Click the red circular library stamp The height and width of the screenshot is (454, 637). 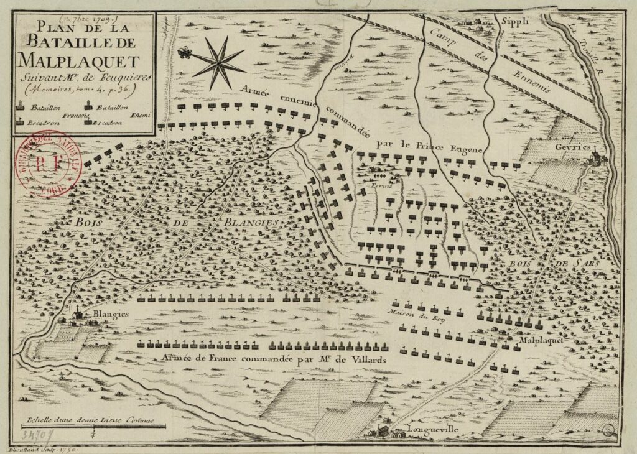(x=47, y=165)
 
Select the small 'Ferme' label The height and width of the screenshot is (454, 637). (x=379, y=185)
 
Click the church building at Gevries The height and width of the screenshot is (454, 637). (x=594, y=155)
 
